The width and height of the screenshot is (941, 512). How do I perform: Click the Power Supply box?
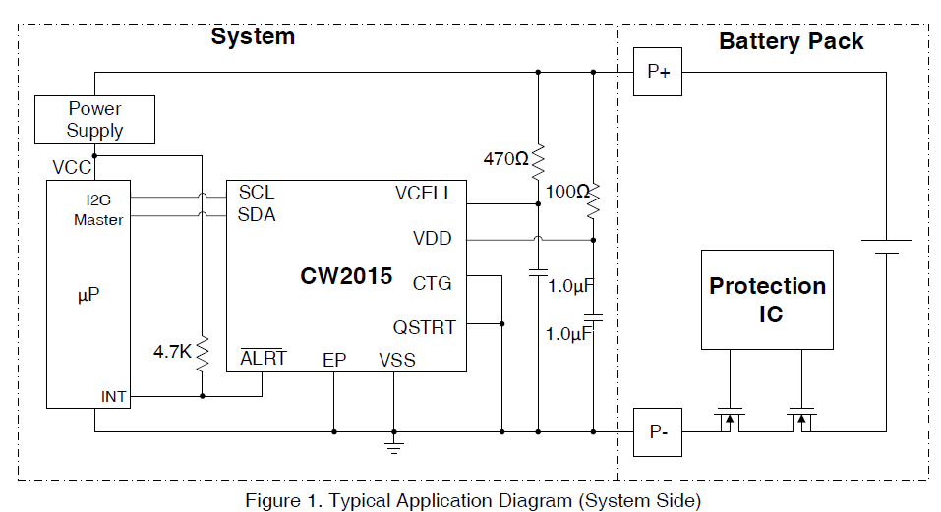[x=94, y=120]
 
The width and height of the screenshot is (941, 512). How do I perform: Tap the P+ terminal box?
[x=658, y=72]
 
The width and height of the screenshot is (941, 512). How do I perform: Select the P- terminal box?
[x=658, y=432]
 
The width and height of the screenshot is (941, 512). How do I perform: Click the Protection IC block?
[x=768, y=300]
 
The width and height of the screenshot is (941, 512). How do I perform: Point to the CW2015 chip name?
[x=346, y=276]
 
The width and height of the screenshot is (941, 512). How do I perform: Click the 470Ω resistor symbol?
[x=538, y=161]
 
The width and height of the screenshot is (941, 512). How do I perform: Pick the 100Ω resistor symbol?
[x=593, y=200]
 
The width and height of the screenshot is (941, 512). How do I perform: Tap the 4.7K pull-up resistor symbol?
[x=203, y=354]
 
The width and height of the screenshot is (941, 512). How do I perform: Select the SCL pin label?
[x=257, y=193]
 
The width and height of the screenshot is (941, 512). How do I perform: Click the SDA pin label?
[x=257, y=214]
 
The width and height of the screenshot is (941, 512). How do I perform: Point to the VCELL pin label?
[x=425, y=193]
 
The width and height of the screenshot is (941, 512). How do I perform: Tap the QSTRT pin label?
[x=425, y=328]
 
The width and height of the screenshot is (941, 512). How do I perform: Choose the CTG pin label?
[x=432, y=283]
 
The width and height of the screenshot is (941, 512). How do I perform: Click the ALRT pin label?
[x=264, y=358]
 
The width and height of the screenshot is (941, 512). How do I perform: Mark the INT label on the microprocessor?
[x=113, y=397]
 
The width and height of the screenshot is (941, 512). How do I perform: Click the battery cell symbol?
[x=886, y=247]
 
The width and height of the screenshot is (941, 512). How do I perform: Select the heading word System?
[x=253, y=36]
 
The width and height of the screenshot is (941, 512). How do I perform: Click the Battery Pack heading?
[x=791, y=41]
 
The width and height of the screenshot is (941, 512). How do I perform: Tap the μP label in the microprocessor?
[x=88, y=295]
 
